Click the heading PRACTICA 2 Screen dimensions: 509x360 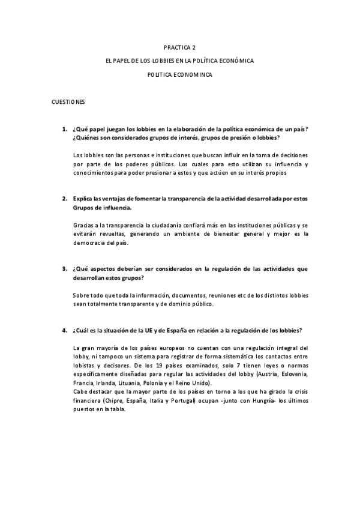tap(180, 47)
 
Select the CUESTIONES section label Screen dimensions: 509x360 tap(68, 103)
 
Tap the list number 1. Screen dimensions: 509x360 tap(64, 129)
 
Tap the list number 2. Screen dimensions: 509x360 tap(64, 197)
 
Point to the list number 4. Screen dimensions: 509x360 tap(64, 331)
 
